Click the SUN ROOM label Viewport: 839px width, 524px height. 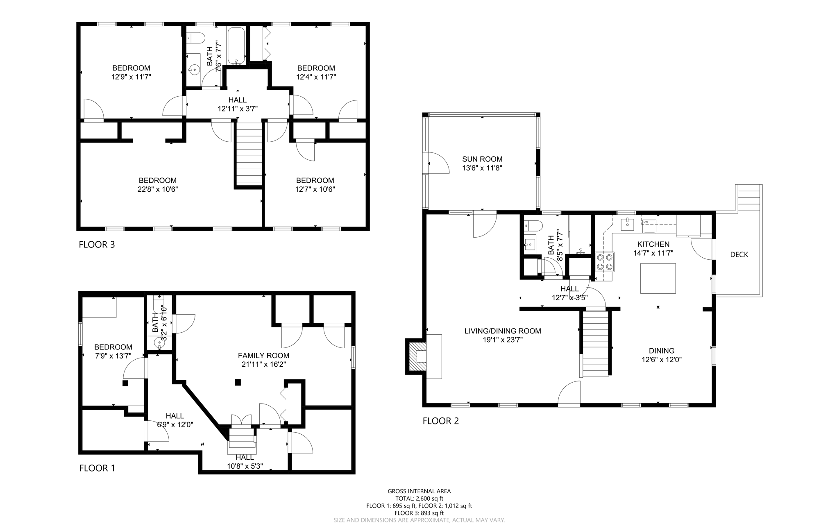click(482, 159)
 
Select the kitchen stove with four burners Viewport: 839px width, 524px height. click(605, 262)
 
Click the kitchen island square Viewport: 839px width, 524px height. click(658, 278)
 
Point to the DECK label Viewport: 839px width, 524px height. click(739, 255)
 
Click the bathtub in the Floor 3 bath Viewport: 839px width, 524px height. click(236, 45)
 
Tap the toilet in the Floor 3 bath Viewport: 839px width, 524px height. click(195, 38)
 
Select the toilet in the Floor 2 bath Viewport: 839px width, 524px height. click(533, 226)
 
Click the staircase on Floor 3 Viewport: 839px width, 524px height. click(249, 154)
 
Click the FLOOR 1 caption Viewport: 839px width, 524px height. click(97, 468)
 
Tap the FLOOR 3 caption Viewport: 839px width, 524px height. click(97, 245)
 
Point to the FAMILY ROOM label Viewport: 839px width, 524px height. click(263, 356)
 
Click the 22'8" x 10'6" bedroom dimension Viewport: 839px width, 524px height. click(158, 189)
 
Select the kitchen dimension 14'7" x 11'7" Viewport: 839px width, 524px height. click(653, 253)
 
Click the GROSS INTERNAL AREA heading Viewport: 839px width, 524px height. click(419, 491)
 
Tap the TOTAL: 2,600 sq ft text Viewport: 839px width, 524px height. click(419, 499)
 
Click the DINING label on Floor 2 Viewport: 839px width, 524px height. click(662, 351)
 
